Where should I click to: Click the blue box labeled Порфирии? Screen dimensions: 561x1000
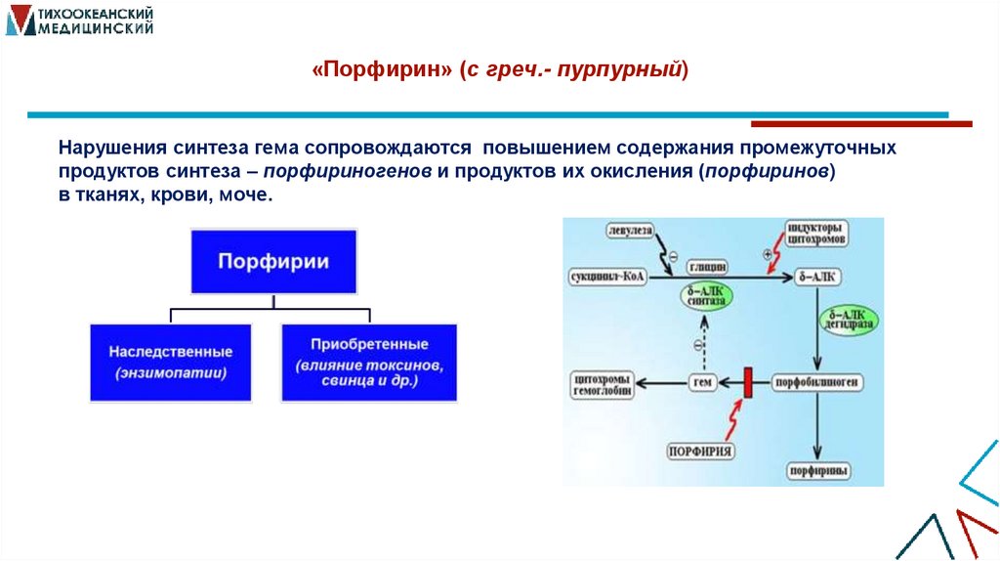[272, 261]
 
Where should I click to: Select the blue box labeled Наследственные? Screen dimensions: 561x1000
[170, 361]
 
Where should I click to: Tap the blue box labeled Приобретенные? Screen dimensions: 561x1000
[369, 361]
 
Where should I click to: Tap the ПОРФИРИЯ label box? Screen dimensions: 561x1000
[702, 451]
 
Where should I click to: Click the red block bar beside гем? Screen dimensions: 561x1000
[747, 382]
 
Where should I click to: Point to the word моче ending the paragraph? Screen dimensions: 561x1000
[247, 194]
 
